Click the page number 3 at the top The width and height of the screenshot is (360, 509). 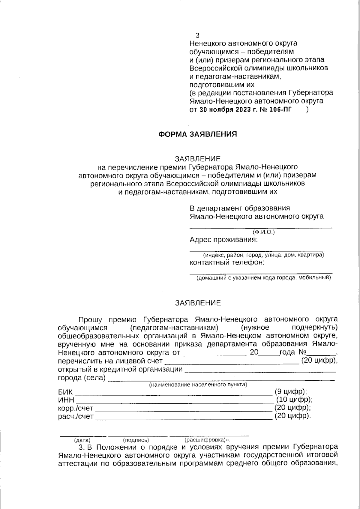pyautogui.click(x=197, y=35)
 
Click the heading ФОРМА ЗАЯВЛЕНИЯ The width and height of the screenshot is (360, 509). pyautogui.click(x=197, y=134)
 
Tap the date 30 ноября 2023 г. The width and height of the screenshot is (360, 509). pyautogui.click(x=228, y=109)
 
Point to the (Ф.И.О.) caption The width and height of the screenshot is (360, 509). pyautogui.click(x=263, y=232)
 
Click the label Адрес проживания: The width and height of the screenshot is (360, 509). pyautogui.click(x=223, y=240)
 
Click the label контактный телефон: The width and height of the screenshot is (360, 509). pyautogui.click(x=227, y=262)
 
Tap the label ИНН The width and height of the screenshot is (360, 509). pyautogui.click(x=66, y=400)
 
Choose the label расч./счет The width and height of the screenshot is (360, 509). pyautogui.click(x=75, y=417)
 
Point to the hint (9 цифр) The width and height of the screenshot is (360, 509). pyautogui.click(x=290, y=391)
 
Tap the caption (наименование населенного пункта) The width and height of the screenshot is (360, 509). pyautogui.click(x=198, y=385)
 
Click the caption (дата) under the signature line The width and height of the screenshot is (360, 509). pyautogui.click(x=82, y=440)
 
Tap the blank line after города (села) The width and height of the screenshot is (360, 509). pyautogui.click(x=220, y=380)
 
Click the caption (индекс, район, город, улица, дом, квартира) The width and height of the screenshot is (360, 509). pyautogui.click(x=263, y=255)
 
